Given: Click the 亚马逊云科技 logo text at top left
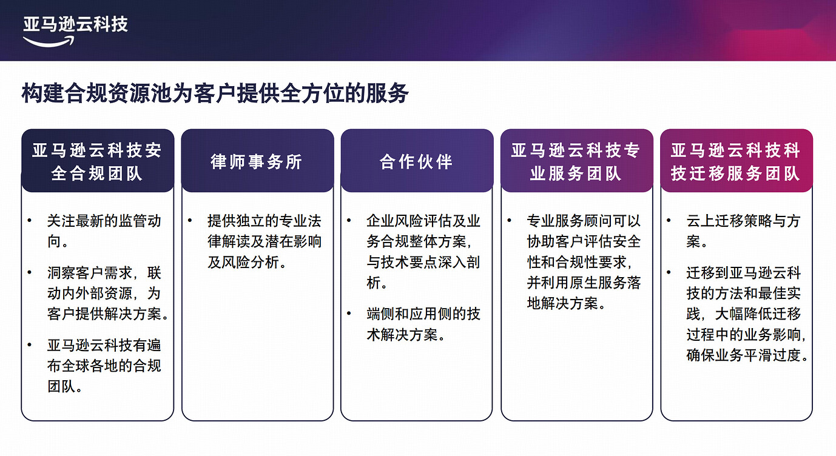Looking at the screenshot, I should point(75,24).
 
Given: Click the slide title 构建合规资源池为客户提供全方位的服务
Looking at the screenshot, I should point(215,94).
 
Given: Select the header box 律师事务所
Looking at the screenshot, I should point(257,161).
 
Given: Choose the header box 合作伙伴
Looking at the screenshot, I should point(416,161).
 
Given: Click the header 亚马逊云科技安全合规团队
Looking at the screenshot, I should point(97,161).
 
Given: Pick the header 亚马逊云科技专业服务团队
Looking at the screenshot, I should point(576,161).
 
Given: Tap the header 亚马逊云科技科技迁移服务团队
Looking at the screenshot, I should point(736,161).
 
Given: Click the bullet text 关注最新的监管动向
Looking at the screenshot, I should point(104,231).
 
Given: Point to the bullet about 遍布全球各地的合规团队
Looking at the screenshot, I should point(104,366).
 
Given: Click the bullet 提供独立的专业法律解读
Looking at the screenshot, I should point(264,241).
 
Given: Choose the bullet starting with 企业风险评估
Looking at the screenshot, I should point(423,252).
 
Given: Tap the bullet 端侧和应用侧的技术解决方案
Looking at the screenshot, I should point(423,324).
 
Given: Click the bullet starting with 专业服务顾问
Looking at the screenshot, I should point(583,262).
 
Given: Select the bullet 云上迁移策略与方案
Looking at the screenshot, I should point(743,231).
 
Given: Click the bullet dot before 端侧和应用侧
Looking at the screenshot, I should point(349,313).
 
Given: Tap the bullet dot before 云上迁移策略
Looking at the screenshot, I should point(669,221).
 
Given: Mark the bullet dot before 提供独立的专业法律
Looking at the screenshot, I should point(190,221).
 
